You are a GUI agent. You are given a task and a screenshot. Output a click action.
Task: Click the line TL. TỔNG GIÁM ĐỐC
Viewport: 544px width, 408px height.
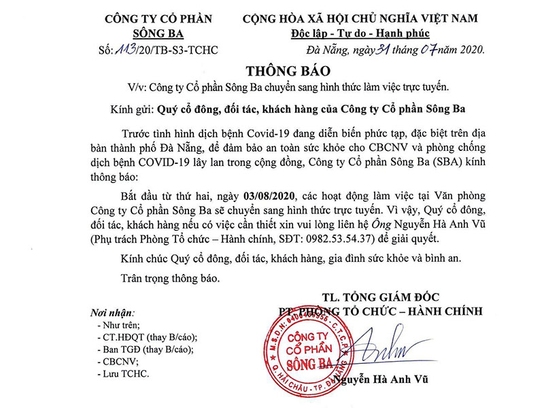pyautogui.click(x=381, y=296)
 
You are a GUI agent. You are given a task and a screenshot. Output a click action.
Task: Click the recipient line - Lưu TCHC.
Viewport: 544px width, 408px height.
pyautogui.click(x=123, y=373)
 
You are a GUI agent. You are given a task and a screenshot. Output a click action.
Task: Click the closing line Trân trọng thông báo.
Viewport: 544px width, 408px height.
pyautogui.click(x=169, y=277)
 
